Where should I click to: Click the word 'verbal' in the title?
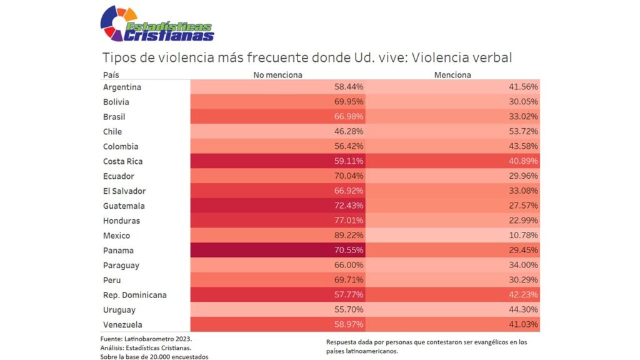492,57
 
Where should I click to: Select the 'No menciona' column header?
277,75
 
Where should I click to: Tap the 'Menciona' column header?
452,75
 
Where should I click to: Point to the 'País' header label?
111,75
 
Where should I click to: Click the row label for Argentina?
122,87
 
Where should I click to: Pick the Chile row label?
112,132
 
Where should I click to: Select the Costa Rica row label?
123,161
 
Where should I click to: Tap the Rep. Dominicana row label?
134,295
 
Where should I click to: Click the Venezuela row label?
122,325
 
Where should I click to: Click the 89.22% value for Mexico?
349,236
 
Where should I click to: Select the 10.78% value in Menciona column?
523,236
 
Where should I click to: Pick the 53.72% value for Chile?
523,132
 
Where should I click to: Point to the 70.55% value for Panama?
349,251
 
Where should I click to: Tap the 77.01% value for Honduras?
349,221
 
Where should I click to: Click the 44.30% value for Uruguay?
523,310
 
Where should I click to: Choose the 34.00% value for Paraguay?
523,266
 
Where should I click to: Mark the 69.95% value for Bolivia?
349,102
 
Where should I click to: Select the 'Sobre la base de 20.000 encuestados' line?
154,356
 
